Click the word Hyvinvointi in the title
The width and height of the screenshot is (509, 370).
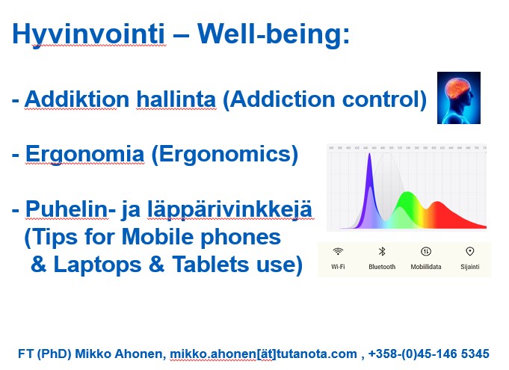pyautogui.click(x=88, y=34)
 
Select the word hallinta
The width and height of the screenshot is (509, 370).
pyautogui.click(x=176, y=99)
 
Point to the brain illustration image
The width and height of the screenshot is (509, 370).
pyautogui.click(x=459, y=98)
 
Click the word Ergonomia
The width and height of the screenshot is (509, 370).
pyautogui.click(x=84, y=155)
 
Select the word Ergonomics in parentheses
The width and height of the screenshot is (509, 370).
pyautogui.click(x=225, y=155)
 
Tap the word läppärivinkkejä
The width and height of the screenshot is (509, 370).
pyautogui.click(x=229, y=210)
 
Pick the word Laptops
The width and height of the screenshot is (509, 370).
pyautogui.click(x=97, y=265)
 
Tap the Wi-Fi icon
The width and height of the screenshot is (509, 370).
pyautogui.click(x=338, y=251)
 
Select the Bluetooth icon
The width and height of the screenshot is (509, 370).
pyautogui.click(x=382, y=251)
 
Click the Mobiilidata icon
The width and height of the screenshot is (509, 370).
pyautogui.click(x=425, y=251)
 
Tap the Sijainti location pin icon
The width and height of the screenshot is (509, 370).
pyautogui.click(x=469, y=251)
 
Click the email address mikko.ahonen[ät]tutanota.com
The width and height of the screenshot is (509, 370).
pyautogui.click(x=263, y=354)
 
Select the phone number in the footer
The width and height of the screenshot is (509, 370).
pyautogui.click(x=429, y=354)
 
